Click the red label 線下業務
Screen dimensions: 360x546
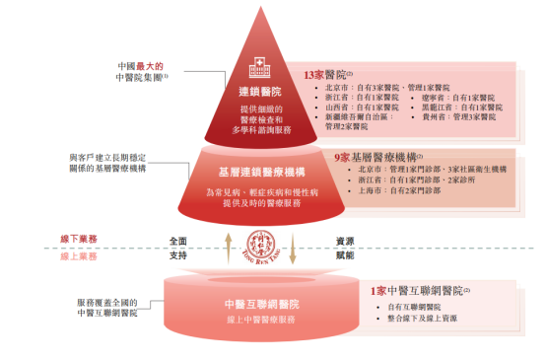[79, 239]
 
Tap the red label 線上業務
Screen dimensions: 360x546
[79, 254]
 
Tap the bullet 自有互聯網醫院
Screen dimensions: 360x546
[414, 308]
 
